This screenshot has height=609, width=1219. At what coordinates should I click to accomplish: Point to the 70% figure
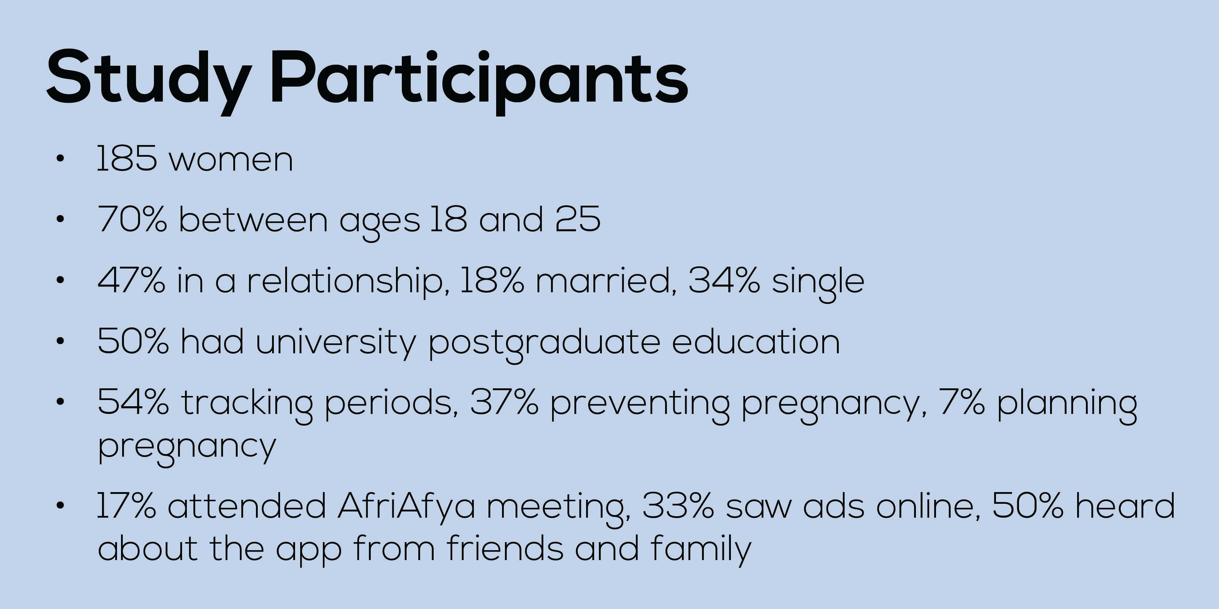(x=132, y=220)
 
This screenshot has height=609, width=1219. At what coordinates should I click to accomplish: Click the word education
(x=756, y=341)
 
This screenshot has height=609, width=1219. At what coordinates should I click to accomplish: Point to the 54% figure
(x=133, y=402)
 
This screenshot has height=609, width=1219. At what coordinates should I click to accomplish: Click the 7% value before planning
(x=962, y=402)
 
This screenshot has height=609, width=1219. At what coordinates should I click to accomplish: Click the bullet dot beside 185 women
(x=60, y=159)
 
